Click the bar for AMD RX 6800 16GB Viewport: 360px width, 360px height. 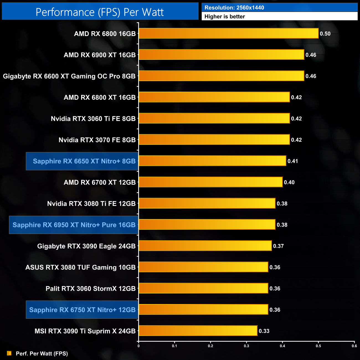228,34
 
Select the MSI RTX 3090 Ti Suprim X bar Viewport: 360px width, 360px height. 198,331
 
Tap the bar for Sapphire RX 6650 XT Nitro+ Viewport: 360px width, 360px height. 212,161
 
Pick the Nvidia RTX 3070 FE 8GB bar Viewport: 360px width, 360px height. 214,140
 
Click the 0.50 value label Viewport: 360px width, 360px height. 325,34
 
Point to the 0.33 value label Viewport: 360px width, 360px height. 264,331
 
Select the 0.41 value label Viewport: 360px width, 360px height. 293,161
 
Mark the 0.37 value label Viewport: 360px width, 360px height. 278,246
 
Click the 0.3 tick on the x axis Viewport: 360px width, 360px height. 246,346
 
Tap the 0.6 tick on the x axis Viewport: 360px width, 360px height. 354,346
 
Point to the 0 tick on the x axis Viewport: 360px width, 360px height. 138,346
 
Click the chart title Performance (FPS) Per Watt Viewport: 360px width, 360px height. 100,12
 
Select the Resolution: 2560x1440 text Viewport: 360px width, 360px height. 234,8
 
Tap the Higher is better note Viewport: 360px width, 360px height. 225,17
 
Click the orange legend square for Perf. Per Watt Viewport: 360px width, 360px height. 9,353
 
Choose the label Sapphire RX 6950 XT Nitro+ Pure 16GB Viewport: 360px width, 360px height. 74,225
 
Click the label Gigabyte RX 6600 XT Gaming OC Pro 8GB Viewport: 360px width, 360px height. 69,76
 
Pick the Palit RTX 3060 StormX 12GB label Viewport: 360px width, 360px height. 91,289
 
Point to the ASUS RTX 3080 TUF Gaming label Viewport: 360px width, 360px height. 80,267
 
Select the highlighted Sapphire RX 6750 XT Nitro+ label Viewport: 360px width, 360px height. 82,310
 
